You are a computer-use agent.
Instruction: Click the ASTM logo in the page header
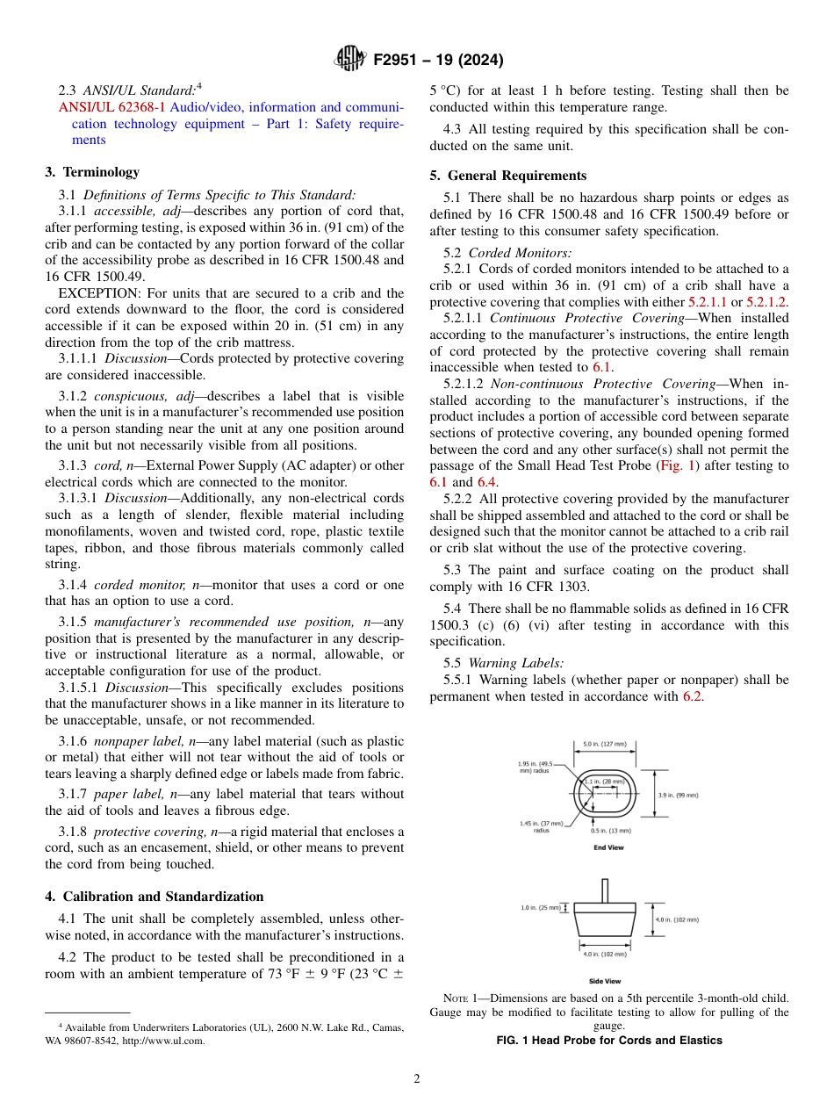coord(351,60)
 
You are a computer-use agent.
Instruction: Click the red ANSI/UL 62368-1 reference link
coord(112,107)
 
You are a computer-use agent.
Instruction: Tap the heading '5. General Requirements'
coord(508,176)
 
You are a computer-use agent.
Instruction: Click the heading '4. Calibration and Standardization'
coord(155,897)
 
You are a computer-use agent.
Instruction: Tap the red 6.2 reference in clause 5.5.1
coord(692,696)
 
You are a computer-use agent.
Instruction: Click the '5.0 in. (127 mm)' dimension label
coord(604,745)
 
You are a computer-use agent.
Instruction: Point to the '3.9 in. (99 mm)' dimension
coord(678,795)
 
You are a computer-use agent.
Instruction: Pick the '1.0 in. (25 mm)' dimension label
coord(540,907)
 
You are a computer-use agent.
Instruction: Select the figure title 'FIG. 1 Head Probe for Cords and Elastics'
coord(609,1041)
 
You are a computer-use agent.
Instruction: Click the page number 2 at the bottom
coord(417,1079)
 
